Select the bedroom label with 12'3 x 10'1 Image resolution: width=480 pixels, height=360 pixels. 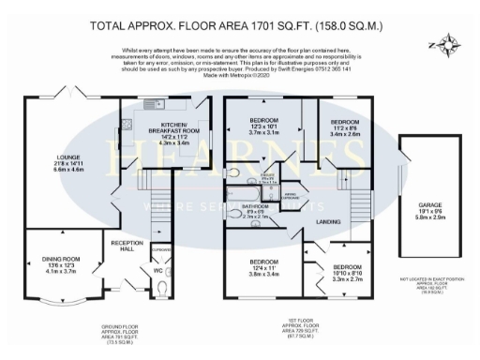[x=262, y=123]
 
